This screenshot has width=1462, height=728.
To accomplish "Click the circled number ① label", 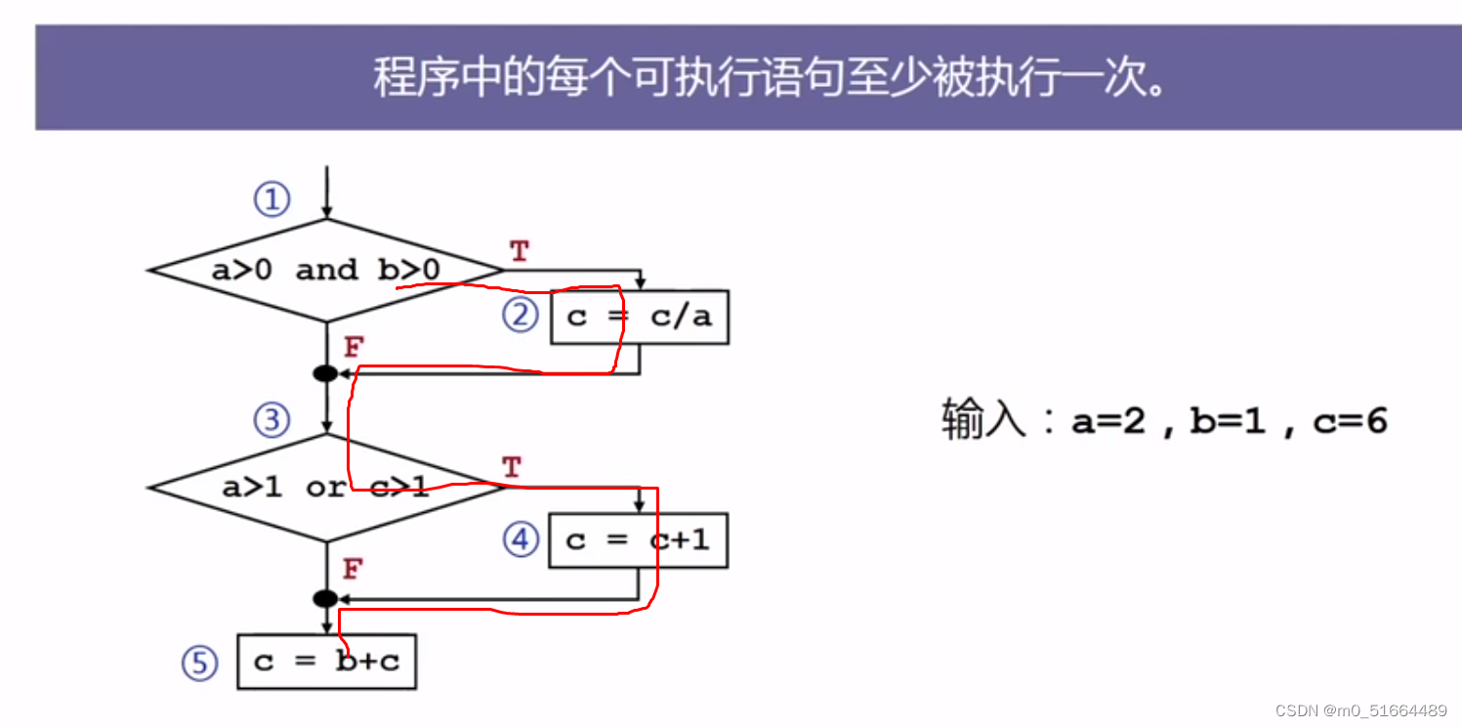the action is (272, 200).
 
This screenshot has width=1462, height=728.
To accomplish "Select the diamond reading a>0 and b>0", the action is (325, 270).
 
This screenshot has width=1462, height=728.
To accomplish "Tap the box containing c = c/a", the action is (640, 317).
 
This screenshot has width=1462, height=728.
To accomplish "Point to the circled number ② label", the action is (521, 315).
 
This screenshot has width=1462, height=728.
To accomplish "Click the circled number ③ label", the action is (272, 421).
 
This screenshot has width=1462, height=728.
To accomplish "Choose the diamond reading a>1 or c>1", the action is (325, 487).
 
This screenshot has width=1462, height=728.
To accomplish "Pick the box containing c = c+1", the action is (639, 539).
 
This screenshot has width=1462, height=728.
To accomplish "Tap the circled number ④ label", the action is (521, 538).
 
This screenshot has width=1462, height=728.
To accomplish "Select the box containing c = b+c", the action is (327, 662).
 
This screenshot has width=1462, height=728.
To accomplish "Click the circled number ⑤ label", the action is (199, 664).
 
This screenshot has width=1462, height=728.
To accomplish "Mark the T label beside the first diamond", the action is (519, 252).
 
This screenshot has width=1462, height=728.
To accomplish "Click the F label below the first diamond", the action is (354, 347).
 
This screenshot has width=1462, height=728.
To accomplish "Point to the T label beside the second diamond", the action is (512, 468).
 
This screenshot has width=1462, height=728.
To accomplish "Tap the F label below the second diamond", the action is (354, 569).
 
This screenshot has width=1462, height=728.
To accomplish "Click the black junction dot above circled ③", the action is (326, 373).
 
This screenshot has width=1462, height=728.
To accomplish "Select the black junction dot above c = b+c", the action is (326, 598).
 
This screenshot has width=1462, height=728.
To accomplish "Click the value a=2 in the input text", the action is (1108, 421).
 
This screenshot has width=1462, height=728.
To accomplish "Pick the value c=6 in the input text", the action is (1350, 421).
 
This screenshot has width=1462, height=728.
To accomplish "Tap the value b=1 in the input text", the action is (1227, 421).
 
